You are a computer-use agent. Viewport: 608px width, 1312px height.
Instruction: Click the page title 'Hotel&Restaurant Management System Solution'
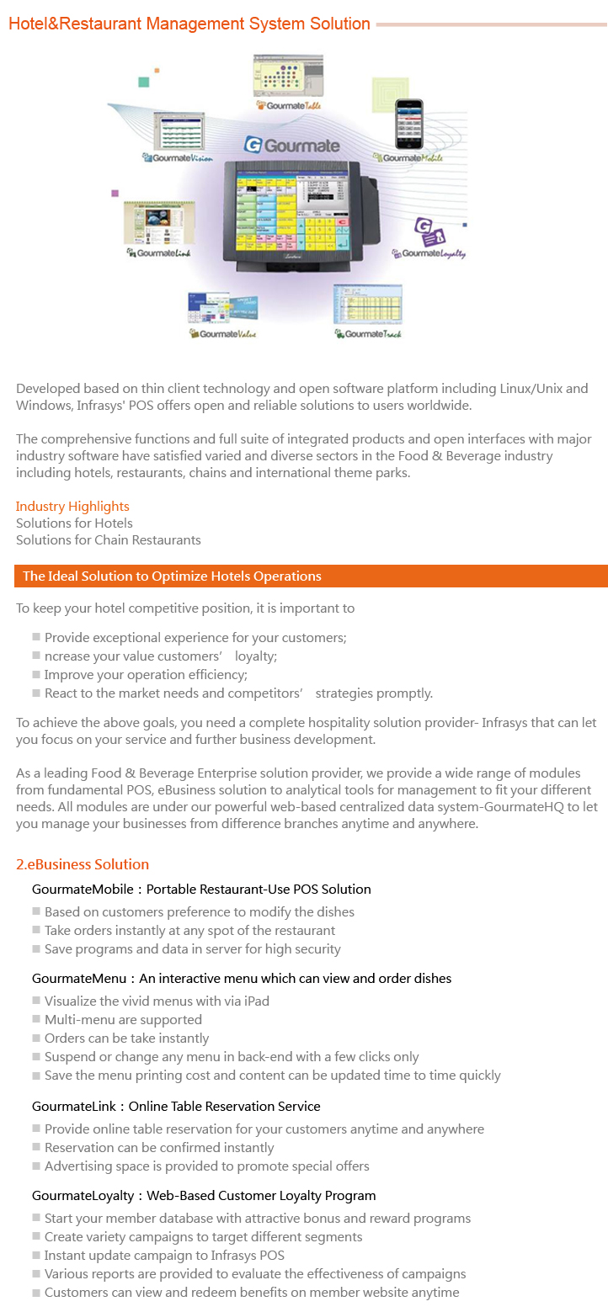point(189,24)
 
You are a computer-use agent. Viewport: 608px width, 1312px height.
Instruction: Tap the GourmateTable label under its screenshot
point(289,105)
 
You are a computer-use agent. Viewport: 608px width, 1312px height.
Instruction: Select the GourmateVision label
point(179,157)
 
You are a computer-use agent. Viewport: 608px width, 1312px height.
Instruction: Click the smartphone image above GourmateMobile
point(408,125)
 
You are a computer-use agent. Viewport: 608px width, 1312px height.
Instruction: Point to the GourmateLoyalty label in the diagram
point(429,253)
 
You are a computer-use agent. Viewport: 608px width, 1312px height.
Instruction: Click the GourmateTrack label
point(368,334)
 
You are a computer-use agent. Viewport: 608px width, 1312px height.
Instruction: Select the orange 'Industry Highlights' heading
point(72,507)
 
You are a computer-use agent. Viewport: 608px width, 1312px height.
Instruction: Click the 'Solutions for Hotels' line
point(74,523)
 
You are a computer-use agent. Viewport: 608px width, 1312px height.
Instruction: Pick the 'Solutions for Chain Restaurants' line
point(109,540)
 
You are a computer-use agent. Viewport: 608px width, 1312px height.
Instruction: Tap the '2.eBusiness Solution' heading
point(83,864)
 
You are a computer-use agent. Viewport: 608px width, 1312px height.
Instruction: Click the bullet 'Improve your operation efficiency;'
point(146,675)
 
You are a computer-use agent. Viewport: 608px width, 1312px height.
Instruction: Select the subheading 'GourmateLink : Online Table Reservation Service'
point(176,1107)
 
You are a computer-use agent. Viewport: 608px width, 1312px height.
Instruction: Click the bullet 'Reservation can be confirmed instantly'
point(159,1148)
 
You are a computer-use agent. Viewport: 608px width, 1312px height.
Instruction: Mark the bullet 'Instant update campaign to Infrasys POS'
point(164,1256)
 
